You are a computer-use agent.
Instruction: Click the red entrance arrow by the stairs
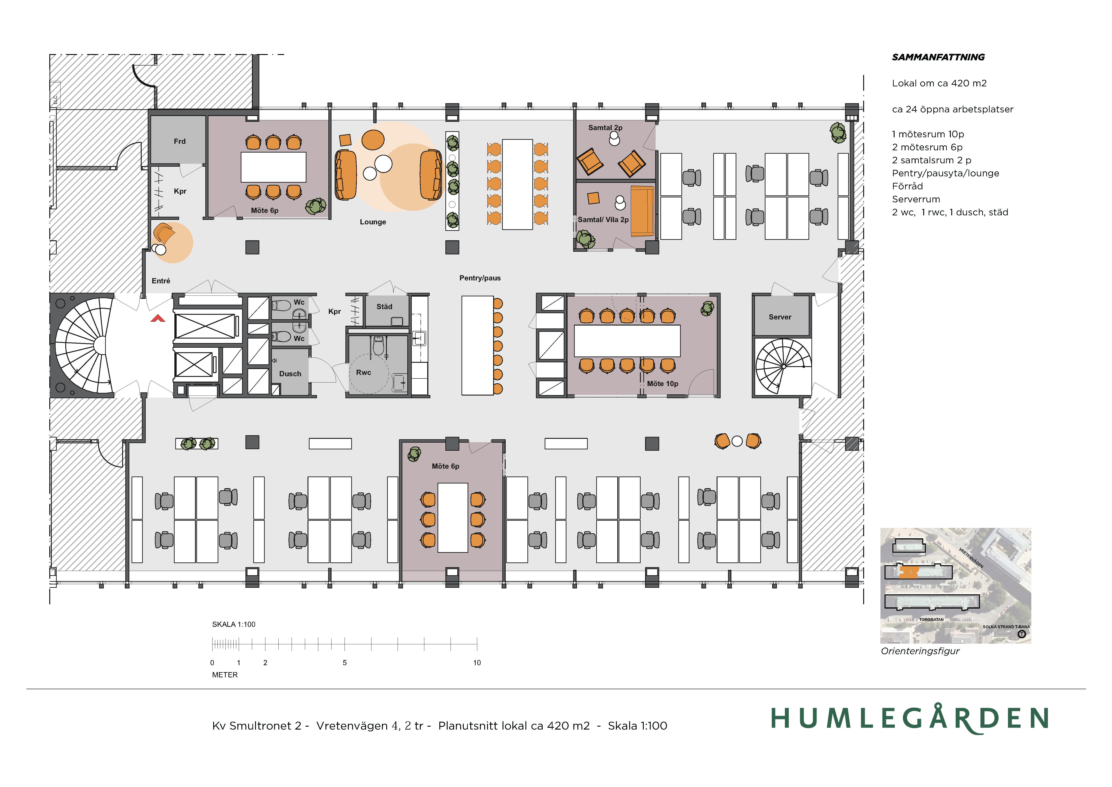158,318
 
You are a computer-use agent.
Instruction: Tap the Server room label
780,317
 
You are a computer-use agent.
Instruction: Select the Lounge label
373,222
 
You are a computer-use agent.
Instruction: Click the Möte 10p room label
663,384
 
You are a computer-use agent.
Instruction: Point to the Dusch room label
290,374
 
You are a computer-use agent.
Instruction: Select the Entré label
161,281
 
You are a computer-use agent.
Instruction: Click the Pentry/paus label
480,278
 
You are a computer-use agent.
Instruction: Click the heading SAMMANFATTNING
938,57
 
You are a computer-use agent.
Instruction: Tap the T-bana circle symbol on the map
1022,634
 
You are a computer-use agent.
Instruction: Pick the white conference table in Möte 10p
627,341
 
